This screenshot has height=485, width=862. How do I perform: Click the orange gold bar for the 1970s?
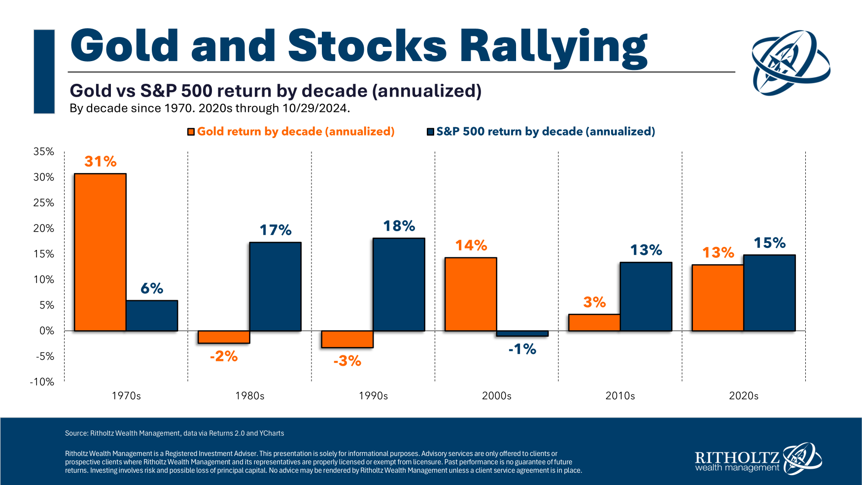[x=100, y=252]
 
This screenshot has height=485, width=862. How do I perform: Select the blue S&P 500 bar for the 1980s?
[x=275, y=286]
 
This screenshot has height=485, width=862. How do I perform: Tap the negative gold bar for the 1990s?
[x=347, y=339]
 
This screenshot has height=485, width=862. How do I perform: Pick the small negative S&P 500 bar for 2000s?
[x=522, y=334]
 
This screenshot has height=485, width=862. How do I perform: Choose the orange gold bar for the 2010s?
[x=594, y=322]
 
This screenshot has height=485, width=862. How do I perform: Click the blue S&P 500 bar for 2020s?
[x=769, y=293]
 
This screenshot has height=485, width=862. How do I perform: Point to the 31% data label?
[x=101, y=162]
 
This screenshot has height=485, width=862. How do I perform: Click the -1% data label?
[x=522, y=349]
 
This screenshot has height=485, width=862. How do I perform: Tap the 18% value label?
[x=399, y=226]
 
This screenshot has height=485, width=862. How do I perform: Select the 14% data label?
[x=471, y=245]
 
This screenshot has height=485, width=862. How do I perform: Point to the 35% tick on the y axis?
[x=44, y=152]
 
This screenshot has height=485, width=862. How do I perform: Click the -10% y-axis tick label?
[x=42, y=382]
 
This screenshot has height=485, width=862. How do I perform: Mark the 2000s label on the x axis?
[x=497, y=396]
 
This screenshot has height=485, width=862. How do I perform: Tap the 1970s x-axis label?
[x=126, y=396]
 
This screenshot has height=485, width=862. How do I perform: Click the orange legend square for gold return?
[x=191, y=132]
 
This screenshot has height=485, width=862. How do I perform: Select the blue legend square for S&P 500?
[x=430, y=132]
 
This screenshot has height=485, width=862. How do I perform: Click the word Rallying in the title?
[x=553, y=47]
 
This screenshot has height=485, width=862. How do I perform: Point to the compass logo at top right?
[x=791, y=63]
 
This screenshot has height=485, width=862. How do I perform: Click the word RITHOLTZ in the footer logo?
[x=737, y=457]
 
